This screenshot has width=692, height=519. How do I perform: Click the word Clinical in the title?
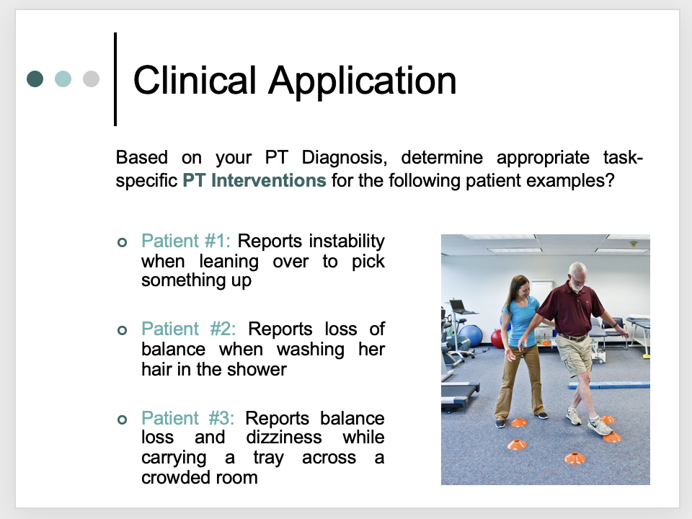[195, 80]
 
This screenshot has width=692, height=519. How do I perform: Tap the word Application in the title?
[363, 81]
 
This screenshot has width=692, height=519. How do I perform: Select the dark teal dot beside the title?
[35, 79]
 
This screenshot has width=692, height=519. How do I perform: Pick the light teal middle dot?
[63, 79]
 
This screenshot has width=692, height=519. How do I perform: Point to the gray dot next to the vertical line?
[91, 79]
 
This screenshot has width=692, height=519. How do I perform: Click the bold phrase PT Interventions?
[254, 180]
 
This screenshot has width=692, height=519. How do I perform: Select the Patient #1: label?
[186, 241]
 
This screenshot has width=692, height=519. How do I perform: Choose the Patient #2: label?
[188, 329]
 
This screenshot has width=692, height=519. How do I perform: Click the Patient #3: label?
[187, 418]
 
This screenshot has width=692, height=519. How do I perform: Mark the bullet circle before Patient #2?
[123, 330]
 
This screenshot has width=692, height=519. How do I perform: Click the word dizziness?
[284, 438]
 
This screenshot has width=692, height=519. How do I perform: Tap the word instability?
[347, 241]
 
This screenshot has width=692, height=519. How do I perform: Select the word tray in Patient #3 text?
[268, 458]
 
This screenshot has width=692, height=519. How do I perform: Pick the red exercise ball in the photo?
[498, 339]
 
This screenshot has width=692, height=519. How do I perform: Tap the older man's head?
[577, 276]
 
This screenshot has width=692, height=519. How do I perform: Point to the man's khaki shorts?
[573, 354]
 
